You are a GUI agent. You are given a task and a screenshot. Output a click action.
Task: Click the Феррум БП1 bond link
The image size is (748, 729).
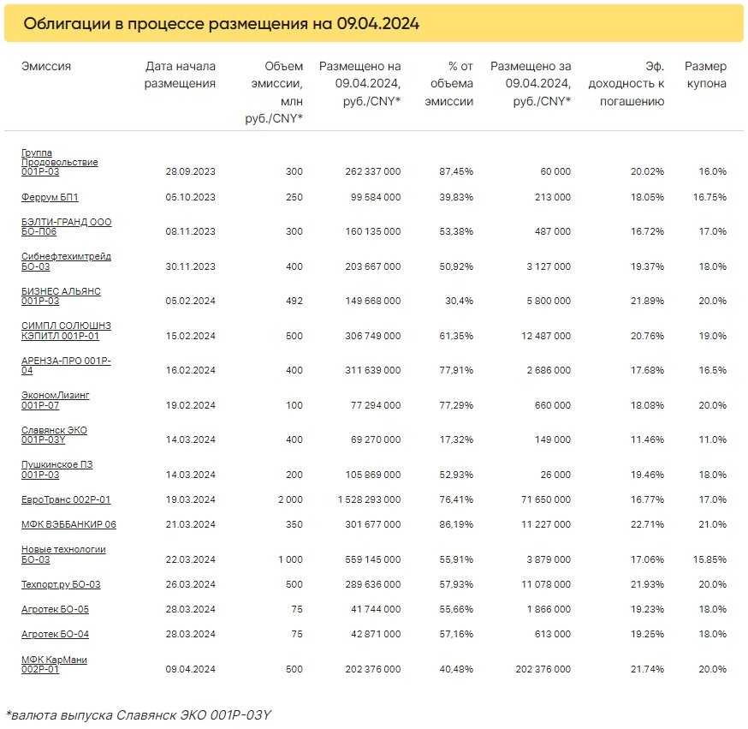pyautogui.click(x=50, y=197)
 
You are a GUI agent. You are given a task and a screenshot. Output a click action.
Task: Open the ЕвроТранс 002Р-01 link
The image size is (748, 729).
pyautogui.click(x=66, y=499)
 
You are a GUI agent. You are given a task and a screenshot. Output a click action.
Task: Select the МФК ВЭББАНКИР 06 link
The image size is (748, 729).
pyautogui.click(x=68, y=524)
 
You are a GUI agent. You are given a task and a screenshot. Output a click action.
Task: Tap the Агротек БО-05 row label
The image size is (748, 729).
pyautogui.click(x=55, y=609)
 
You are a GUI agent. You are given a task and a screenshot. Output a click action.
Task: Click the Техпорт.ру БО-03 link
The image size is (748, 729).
pyautogui.click(x=61, y=584)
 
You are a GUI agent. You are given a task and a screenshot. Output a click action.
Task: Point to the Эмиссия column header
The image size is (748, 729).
pyautogui.click(x=46, y=66)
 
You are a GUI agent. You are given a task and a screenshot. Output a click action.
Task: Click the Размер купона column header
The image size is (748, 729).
pyautogui.click(x=705, y=75)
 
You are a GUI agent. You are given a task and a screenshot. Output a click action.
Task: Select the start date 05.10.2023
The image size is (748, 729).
pyautogui.click(x=190, y=197)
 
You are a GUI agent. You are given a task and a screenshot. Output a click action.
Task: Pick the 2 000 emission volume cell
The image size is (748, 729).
pyautogui.click(x=290, y=499)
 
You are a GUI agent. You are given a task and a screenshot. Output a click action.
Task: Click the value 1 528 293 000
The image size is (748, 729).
pyautogui.click(x=369, y=499)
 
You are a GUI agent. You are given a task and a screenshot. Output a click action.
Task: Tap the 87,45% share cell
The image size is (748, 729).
pyautogui.click(x=456, y=171)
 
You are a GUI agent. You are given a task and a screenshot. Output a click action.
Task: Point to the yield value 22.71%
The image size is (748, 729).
pyautogui.click(x=647, y=524)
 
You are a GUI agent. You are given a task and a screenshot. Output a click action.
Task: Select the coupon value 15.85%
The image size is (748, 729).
pyautogui.click(x=709, y=559)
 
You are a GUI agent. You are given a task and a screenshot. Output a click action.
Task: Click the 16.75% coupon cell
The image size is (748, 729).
pyautogui.click(x=709, y=197)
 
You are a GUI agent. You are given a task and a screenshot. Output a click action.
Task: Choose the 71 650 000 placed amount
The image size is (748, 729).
pyautogui.click(x=546, y=499)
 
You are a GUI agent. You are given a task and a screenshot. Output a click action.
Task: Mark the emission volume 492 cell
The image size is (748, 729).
pyautogui.click(x=294, y=301)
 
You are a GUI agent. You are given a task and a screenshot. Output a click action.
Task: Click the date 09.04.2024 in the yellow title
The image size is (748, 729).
pyautogui.click(x=377, y=23)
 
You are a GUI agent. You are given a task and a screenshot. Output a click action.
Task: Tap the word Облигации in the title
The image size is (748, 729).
pyautogui.click(x=67, y=24)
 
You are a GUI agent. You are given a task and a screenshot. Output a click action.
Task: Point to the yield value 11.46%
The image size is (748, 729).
pyautogui.click(x=647, y=439)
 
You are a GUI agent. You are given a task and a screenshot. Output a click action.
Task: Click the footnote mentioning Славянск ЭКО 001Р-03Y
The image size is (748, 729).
pyautogui.click(x=139, y=714)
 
